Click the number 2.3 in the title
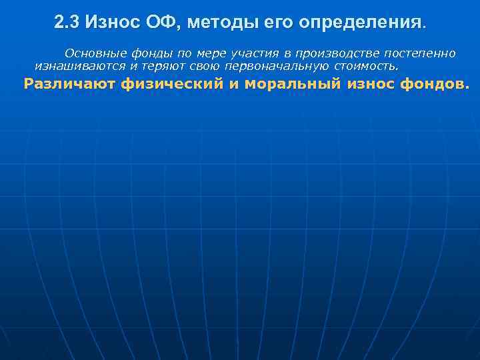67,23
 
